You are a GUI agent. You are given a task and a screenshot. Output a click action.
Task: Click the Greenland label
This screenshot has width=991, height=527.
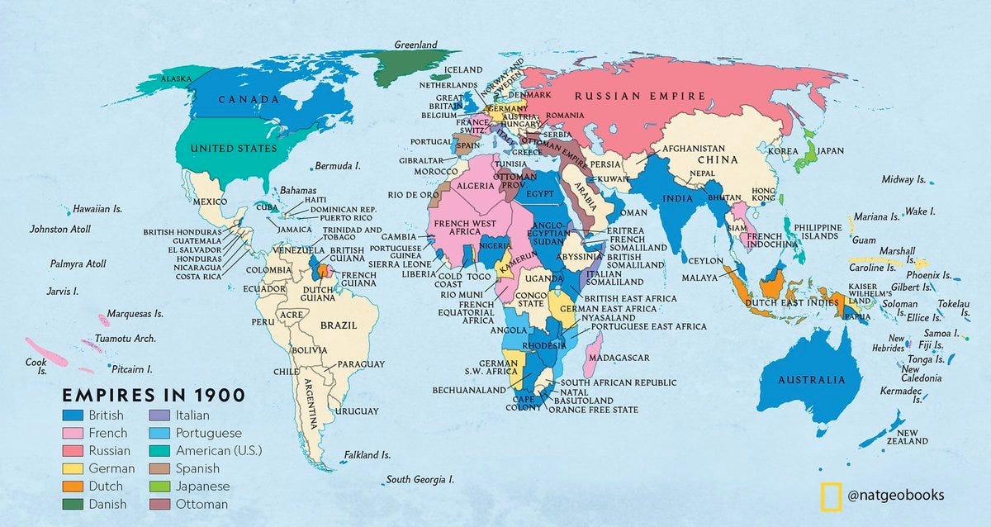coord(415,45)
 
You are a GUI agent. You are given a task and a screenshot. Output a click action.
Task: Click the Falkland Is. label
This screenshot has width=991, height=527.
coord(367,455)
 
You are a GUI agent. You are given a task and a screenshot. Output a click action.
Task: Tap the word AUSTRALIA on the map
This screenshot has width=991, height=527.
coord(813,380)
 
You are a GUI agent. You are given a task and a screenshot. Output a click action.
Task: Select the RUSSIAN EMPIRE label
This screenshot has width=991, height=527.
coord(640,96)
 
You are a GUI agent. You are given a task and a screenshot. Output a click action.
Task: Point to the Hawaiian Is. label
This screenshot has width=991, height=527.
coord(97,209)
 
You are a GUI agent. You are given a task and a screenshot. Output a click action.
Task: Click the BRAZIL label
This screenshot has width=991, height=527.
coord(340,325)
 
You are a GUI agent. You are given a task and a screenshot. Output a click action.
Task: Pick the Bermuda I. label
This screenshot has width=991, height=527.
coord(338,166)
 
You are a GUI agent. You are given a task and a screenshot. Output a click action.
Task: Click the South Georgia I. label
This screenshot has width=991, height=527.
coord(420,479)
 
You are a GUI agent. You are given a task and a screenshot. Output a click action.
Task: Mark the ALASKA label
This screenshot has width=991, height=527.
coord(176,78)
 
